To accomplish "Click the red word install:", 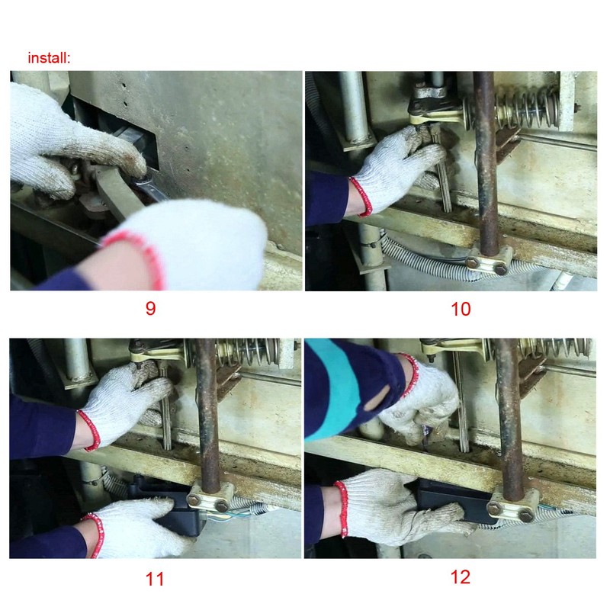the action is pos(49,58).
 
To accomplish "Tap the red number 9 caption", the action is pos(150,308).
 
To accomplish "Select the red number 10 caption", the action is pos(461,309).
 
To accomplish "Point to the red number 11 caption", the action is pos(155,579).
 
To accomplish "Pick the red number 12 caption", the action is pos(461,577).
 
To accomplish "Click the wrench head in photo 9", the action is pos(141,182).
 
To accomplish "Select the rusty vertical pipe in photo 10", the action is pos(486,162).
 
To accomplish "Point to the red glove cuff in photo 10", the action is pos(361,197).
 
